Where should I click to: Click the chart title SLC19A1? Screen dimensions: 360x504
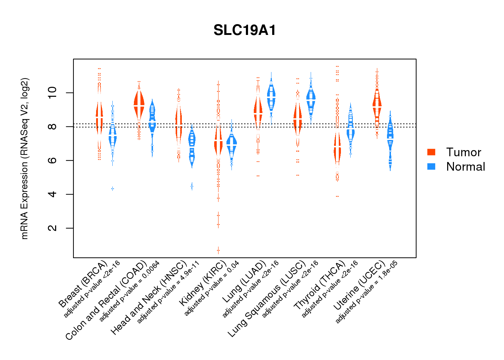pyautogui.click(x=245, y=30)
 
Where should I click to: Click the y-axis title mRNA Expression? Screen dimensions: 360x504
pyautogui.click(x=24, y=158)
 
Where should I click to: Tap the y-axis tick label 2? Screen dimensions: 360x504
pyautogui.click(x=53, y=228)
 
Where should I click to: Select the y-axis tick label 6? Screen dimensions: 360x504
pyautogui.click(x=53, y=161)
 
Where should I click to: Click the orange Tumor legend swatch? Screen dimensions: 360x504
pyautogui.click(x=431, y=152)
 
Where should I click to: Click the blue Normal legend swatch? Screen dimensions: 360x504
pyautogui.click(x=431, y=166)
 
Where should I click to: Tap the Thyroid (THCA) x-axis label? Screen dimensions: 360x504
pyautogui.click(x=320, y=285)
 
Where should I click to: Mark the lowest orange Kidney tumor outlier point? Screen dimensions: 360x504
pyautogui.click(x=218, y=250)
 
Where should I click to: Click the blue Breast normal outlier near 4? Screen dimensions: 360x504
pyautogui.click(x=113, y=189)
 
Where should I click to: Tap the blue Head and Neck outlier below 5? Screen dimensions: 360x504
pyautogui.click(x=192, y=186)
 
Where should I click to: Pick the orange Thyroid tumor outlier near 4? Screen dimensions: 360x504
pyautogui.click(x=337, y=196)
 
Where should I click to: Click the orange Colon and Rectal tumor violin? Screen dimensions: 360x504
pyautogui.click(x=139, y=104)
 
